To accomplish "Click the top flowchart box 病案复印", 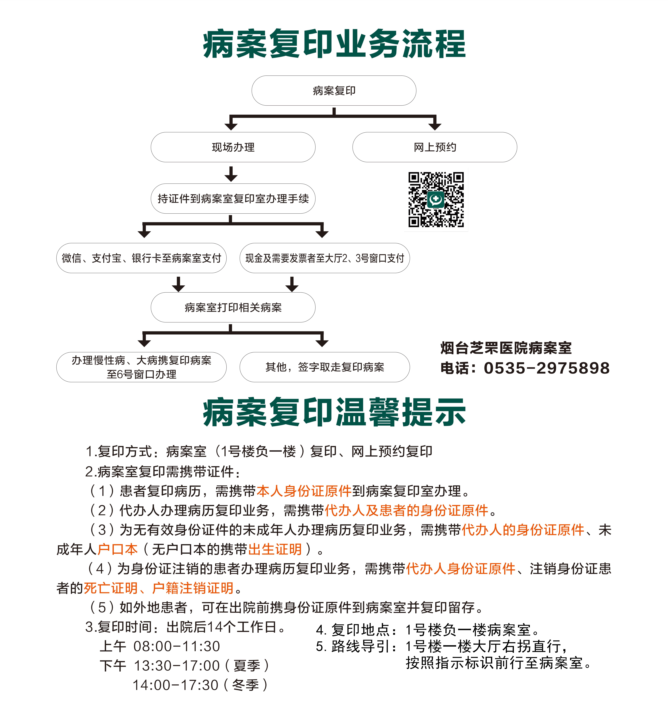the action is click(334, 90).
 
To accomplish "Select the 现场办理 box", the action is click(233, 147).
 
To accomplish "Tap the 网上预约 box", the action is click(435, 147).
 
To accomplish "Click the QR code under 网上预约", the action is click(436, 200).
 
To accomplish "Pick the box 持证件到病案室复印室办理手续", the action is click(233, 199).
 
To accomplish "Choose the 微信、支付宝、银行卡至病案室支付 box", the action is click(141, 258).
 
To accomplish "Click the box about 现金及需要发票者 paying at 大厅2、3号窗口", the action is click(325, 258).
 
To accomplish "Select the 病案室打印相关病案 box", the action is click(233, 307).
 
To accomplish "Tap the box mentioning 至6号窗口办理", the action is click(141, 367).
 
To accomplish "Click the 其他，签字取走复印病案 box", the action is click(325, 367).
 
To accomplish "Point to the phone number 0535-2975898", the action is click(547, 368).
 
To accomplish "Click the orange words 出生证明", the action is click(275, 549).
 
